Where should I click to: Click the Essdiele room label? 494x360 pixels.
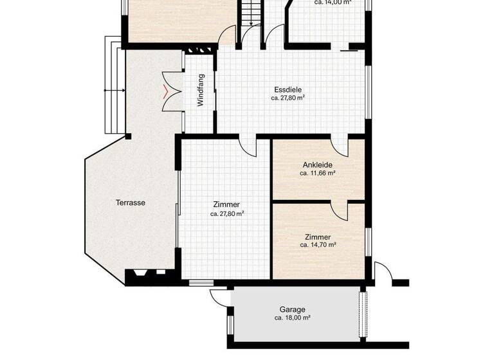point(288,90)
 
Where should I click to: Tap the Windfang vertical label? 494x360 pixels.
point(201,90)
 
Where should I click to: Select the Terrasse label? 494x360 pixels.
point(130,203)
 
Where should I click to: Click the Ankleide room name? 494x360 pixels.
point(317,165)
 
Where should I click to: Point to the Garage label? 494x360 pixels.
point(292,309)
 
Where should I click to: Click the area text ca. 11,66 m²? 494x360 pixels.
point(318,173)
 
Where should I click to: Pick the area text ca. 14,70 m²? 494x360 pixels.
point(318,245)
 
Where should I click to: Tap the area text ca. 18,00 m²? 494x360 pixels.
point(292,318)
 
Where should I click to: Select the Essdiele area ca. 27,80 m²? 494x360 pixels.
point(288,98)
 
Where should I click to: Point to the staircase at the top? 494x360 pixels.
point(250,13)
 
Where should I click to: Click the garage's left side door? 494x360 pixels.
point(219,297)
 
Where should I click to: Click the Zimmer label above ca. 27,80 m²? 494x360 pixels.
point(226,204)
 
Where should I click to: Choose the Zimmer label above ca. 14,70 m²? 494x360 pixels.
point(318,237)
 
